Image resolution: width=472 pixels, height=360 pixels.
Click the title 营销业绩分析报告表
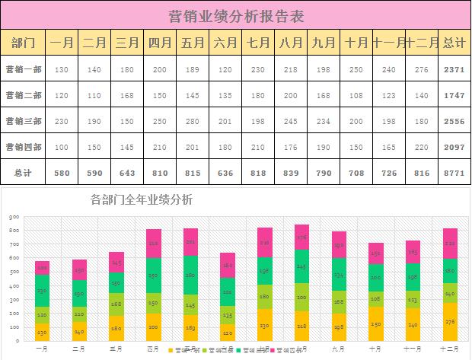click(x=235, y=14)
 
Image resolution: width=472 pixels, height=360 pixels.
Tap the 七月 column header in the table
click(x=258, y=43)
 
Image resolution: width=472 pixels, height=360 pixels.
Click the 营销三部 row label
click(x=24, y=121)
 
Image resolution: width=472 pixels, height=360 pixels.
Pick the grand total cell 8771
click(x=453, y=173)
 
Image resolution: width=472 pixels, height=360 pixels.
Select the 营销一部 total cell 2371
click(x=453, y=69)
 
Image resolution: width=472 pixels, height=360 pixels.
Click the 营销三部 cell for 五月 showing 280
click(x=193, y=121)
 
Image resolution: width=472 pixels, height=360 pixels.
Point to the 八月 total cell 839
click(x=291, y=173)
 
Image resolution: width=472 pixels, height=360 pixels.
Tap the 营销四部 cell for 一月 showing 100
click(x=62, y=147)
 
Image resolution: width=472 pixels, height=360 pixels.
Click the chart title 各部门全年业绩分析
click(x=142, y=200)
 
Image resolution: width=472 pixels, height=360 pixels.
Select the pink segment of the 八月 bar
click(x=301, y=237)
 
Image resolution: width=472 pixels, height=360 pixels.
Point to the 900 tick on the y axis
click(x=14, y=217)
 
